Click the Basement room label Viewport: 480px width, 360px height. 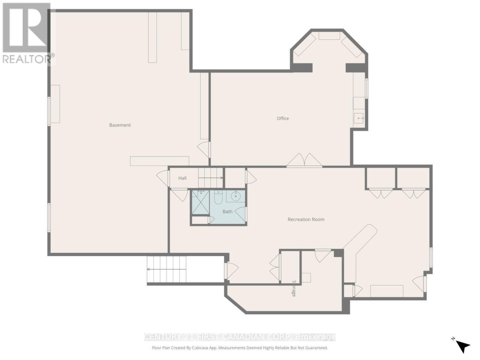pos(120,125)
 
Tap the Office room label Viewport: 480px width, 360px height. pos(283,118)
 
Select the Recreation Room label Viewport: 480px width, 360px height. pos(306,219)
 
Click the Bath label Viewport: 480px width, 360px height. pos(228,211)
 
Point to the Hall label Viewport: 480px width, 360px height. pos(183,178)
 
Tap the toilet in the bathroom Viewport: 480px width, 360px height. pos(218,197)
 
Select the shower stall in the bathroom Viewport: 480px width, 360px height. pos(201,202)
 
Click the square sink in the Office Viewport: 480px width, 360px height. pos(359,118)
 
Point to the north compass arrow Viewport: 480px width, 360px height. pos(463,346)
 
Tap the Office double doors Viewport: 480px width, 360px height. pos(304,160)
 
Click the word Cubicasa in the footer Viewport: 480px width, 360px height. pos(204,348)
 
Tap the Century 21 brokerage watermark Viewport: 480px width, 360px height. pos(240,337)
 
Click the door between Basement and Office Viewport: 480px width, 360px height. pos(205,149)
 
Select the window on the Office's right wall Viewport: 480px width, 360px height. pos(367,88)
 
